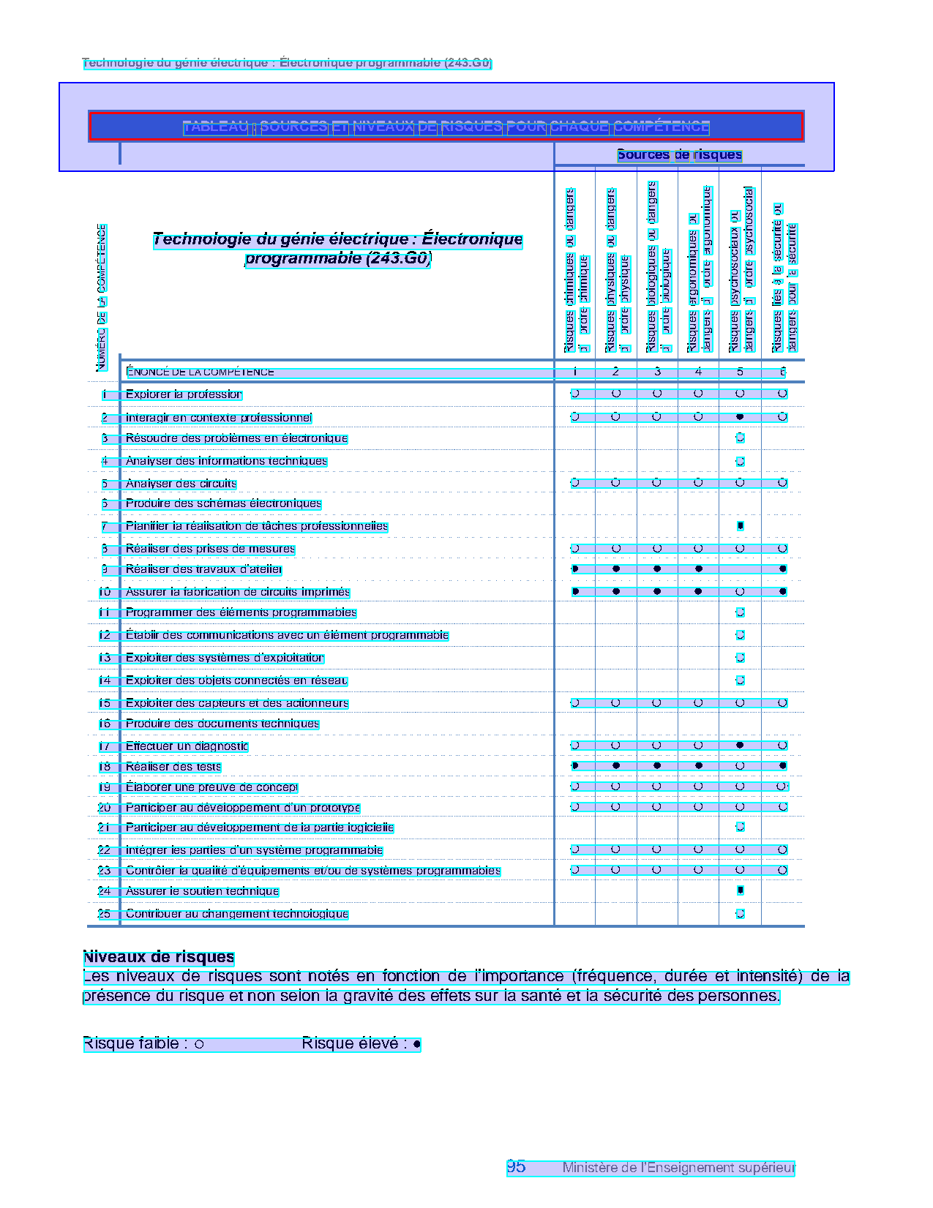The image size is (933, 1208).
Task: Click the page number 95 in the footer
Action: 516,1167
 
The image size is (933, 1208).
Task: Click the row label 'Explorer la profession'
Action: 184,394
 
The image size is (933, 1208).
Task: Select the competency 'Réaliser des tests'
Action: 173,767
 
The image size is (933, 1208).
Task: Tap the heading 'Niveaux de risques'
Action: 159,957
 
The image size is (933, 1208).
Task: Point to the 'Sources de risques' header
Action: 679,154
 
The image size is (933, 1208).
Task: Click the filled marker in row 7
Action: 741,526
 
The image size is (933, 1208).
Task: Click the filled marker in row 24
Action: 741,890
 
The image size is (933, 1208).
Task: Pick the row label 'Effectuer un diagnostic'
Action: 187,746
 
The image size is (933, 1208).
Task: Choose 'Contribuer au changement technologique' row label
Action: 237,914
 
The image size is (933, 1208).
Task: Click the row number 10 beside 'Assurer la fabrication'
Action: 105,592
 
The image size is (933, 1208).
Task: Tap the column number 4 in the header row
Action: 698,372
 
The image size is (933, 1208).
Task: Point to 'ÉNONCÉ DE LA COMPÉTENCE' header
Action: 200,372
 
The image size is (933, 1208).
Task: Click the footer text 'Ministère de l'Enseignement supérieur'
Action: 678,1168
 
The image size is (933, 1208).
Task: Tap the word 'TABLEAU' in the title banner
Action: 215,127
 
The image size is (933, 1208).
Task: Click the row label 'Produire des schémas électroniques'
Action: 223,503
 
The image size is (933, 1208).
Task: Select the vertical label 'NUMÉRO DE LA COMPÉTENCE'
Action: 102,296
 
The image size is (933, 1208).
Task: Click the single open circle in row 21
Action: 740,827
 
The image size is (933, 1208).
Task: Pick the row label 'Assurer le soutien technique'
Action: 202,891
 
